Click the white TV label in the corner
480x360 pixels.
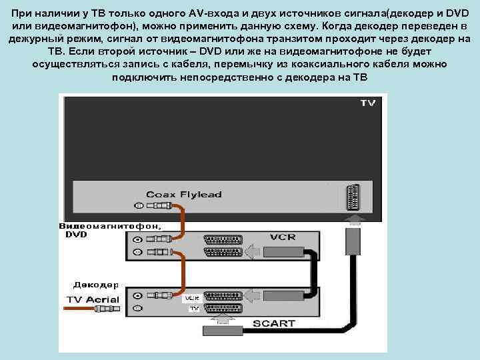click(x=367, y=103)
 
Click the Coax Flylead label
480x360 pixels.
click(x=184, y=194)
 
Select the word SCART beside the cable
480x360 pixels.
click(x=273, y=324)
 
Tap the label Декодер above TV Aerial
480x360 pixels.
click(x=96, y=284)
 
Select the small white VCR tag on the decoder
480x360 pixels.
click(x=192, y=297)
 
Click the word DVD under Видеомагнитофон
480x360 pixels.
click(x=76, y=234)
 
